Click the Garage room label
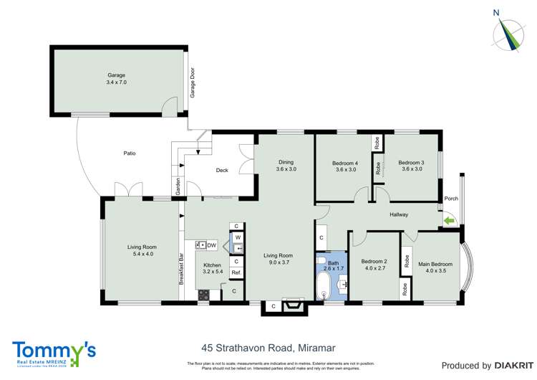pyautogui.click(x=116, y=78)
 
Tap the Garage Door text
pyautogui.click(x=192, y=82)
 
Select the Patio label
pyautogui.click(x=129, y=153)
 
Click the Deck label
pyautogui.click(x=222, y=171)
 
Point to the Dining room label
pyautogui.click(x=286, y=166)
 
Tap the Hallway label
pyautogui.click(x=399, y=214)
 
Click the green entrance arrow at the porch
pyautogui.click(x=450, y=221)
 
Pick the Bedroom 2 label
pyautogui.click(x=374, y=265)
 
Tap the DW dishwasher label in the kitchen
pyautogui.click(x=212, y=245)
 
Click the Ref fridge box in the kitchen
pyautogui.click(x=236, y=272)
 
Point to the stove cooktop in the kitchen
pyautogui.click(x=203, y=293)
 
